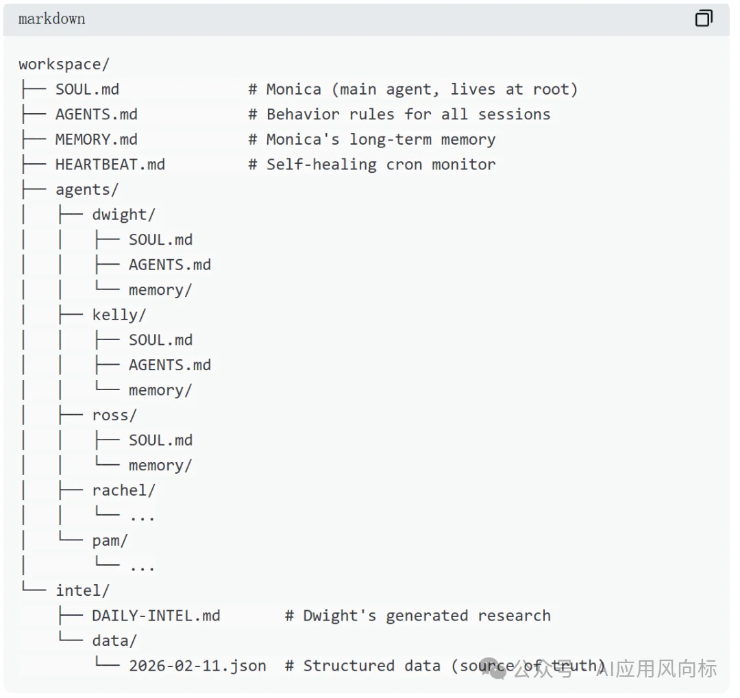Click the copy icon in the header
704,19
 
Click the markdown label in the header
52,19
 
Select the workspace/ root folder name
64,64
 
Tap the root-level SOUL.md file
87,89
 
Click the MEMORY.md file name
96,139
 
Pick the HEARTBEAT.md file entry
110,165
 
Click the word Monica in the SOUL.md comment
293,89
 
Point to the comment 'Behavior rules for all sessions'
408,115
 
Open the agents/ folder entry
86,189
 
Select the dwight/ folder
123,215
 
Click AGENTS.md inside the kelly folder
169,365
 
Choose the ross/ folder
114,415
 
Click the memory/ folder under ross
160,466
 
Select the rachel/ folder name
123,490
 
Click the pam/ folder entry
110,540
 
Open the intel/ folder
82,590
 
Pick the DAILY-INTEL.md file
156,616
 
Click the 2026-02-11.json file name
197,666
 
